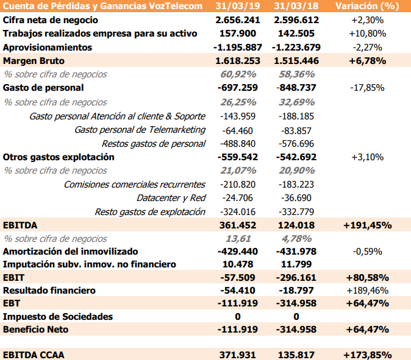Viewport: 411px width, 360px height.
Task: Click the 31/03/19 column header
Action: [237, 6]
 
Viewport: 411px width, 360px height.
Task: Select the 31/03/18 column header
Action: [296, 6]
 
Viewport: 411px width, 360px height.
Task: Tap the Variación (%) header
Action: [367, 6]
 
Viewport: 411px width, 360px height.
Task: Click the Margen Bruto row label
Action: [34, 61]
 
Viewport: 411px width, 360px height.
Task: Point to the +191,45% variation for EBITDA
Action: [367, 225]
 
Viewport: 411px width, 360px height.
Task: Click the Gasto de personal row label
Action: [43, 88]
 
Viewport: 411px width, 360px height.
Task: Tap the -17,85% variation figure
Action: [367, 88]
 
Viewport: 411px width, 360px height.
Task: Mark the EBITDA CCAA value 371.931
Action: [238, 355]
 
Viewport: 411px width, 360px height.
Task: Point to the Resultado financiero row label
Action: [49, 291]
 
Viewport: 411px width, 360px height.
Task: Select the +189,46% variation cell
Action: [367, 291]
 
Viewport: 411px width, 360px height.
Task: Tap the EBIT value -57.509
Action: [238, 277]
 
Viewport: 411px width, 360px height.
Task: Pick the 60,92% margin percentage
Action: [238, 74]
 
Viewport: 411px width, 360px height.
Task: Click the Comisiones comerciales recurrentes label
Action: [134, 184]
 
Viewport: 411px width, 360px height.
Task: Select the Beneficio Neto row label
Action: [36, 330]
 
